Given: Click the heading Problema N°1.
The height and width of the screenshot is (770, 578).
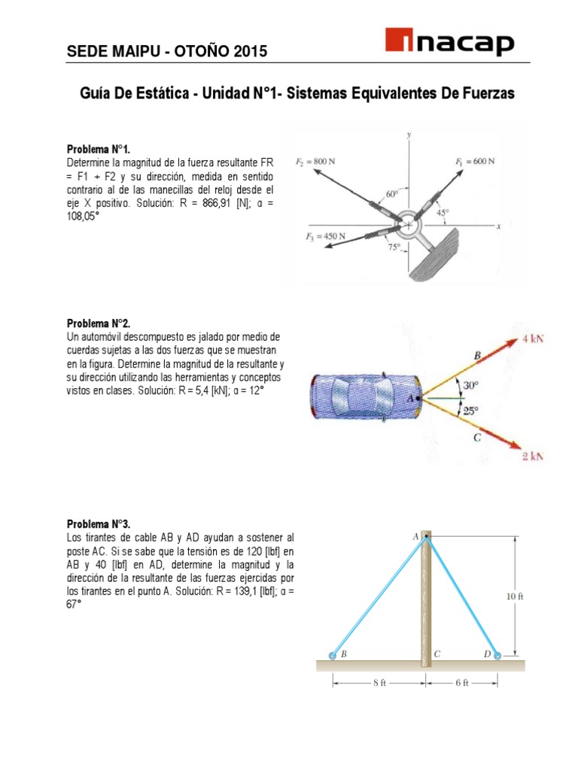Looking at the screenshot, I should [99, 149].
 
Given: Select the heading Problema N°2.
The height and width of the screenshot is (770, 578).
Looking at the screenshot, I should [99, 323].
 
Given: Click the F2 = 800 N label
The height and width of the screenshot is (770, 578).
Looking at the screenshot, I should [316, 161].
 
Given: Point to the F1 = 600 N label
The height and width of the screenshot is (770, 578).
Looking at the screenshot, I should [474, 161].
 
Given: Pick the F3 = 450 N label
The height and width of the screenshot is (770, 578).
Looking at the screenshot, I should [325, 237].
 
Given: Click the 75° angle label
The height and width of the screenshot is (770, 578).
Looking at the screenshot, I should [394, 246].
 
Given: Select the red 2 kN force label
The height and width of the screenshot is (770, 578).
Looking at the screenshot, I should [533, 456].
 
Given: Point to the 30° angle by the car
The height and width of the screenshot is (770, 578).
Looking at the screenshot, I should [470, 384].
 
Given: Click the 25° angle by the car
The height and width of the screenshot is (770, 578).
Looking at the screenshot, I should [470, 411].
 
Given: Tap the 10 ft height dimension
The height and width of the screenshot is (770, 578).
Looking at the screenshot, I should [514, 597].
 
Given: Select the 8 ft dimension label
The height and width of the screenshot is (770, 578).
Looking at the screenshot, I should [379, 683].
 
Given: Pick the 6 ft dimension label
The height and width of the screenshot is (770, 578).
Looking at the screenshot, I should [461, 683].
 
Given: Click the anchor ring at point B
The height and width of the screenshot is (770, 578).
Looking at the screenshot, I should [332, 656].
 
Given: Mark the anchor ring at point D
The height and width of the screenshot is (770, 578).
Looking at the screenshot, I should [497, 656].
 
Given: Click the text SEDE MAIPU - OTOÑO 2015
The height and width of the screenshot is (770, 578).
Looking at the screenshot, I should [167, 52].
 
